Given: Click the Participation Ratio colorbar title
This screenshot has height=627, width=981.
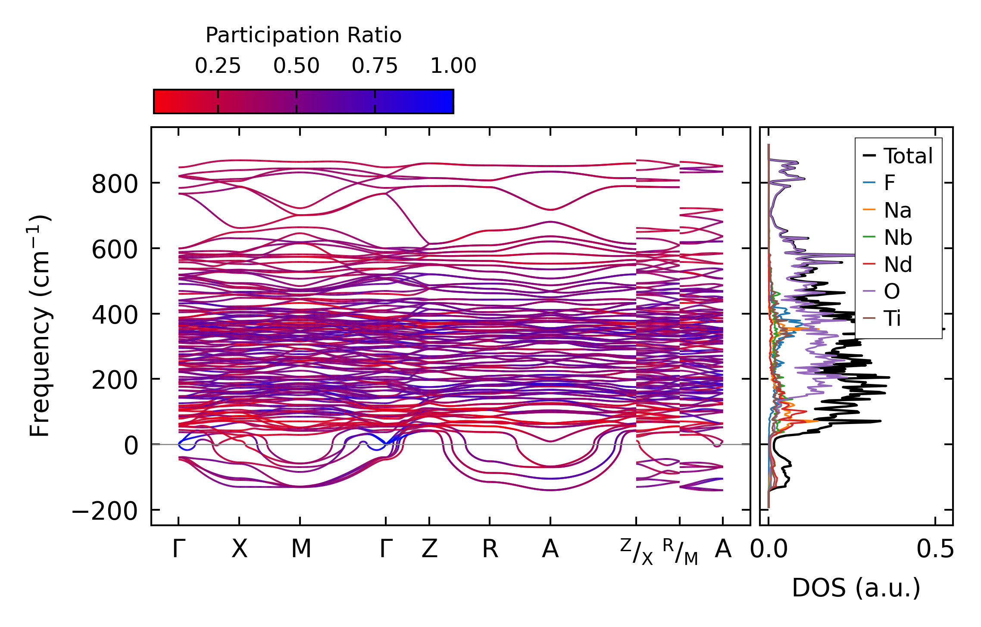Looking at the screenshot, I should pos(303,35).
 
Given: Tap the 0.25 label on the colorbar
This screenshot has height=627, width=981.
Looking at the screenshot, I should pos(218,66).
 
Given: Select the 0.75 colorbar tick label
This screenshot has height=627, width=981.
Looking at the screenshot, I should pos(375,66).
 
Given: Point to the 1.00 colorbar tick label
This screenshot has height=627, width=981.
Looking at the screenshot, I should pos(453,66).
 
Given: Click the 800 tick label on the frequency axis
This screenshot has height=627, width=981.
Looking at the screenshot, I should pos(114,184).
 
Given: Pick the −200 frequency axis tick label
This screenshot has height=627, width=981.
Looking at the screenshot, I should pos(105,512).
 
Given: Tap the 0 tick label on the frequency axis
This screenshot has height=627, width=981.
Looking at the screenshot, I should pos(131,446).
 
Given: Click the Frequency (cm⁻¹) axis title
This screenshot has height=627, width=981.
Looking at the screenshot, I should pos(40,326).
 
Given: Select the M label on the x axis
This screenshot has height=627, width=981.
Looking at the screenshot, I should pos(300,549).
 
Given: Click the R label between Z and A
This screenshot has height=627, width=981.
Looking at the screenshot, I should pos(490,549).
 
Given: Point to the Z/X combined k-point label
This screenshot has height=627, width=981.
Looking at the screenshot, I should pos(637,552).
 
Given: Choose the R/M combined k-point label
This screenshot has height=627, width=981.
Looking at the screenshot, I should pos(680,552).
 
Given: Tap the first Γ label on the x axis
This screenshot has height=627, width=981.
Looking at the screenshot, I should pos(178,549).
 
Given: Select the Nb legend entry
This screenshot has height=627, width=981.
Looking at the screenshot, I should pos(898,237).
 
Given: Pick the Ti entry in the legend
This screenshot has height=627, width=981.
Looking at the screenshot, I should pos(892,319).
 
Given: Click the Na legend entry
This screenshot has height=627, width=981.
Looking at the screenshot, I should pos(897,211).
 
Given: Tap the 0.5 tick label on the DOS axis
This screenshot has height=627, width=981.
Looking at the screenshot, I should pos(935,549).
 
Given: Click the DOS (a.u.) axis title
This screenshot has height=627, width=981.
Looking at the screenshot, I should pos(856,588).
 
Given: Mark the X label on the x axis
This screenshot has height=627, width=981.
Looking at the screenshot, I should pos(239,549).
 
